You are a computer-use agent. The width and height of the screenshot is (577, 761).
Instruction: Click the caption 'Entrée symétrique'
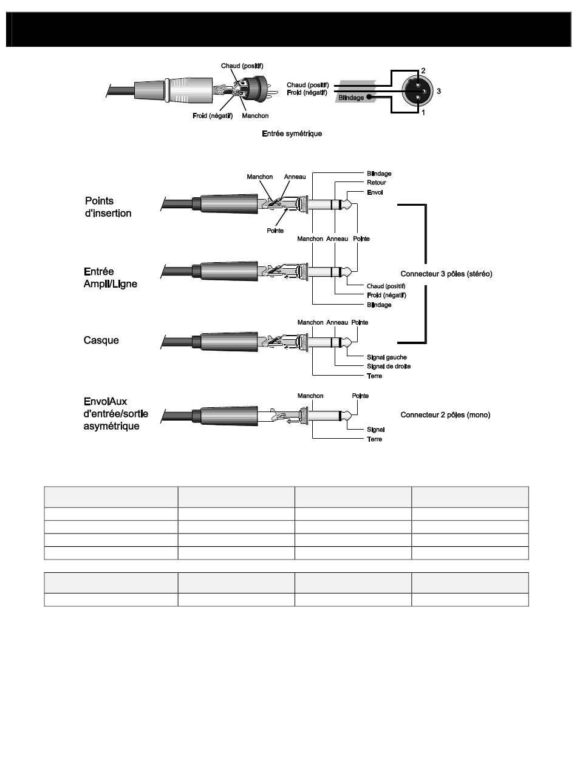coord(292,134)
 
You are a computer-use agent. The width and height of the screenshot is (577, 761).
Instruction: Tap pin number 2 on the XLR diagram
coord(423,71)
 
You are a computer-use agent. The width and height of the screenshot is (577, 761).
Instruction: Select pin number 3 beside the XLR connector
coord(439,92)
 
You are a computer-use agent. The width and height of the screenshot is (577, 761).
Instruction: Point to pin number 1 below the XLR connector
coord(423,113)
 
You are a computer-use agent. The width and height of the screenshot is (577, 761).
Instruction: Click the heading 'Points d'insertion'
coord(108,207)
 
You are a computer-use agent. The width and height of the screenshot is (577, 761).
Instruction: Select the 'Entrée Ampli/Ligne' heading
coord(111,278)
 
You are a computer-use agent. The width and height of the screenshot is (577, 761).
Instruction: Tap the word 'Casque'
coord(101,340)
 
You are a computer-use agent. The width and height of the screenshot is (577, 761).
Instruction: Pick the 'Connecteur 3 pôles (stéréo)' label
coord(446,274)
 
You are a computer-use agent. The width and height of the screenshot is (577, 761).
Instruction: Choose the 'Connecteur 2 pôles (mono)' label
coord(445,415)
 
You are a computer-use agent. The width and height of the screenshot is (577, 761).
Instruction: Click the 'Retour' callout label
coord(377,183)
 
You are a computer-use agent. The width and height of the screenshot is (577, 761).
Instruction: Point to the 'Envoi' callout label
coord(375,192)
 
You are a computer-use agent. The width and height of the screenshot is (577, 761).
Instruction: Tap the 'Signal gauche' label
coord(387,357)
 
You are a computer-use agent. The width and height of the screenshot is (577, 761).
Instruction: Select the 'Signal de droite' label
coord(389,367)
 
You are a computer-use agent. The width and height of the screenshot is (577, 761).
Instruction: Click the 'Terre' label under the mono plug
coord(375,439)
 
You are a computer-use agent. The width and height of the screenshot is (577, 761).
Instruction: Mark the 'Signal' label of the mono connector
coord(376,430)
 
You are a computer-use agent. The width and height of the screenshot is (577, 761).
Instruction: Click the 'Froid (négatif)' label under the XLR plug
coord(208,115)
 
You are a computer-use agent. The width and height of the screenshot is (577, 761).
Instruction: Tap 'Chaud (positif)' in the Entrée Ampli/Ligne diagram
coord(386,286)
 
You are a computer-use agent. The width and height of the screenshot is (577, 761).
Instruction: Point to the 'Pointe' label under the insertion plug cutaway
coord(275,231)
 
